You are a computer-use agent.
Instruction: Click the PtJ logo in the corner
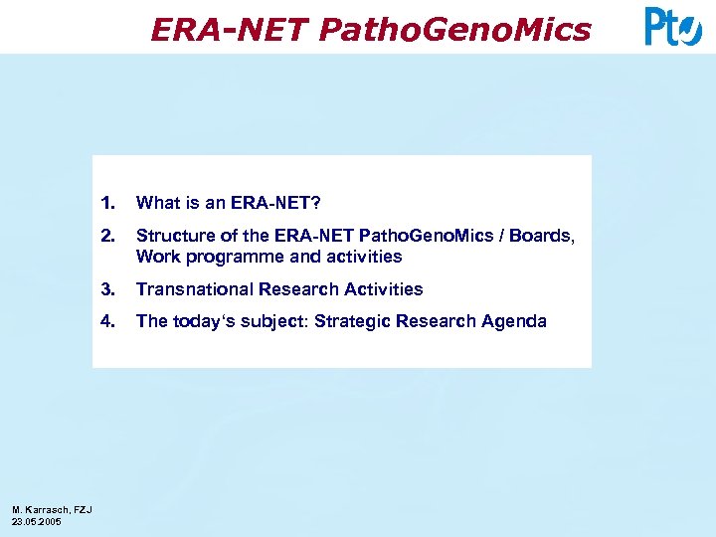point(673,27)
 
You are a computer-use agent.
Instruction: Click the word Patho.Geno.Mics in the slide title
point(455,31)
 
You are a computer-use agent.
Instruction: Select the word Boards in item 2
point(543,236)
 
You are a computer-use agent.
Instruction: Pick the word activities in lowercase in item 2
point(366,257)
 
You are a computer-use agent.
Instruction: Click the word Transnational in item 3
point(194,289)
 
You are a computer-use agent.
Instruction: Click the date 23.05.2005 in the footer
point(37,521)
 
